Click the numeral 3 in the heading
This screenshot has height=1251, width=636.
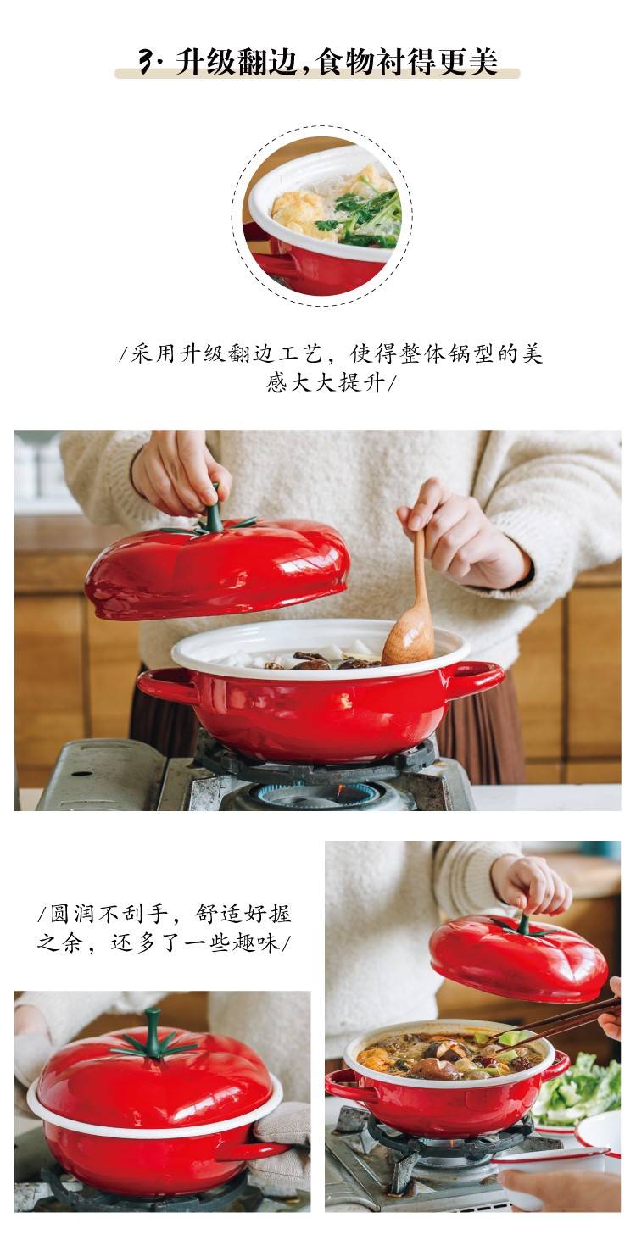pos(147,61)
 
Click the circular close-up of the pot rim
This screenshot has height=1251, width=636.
pos(322,216)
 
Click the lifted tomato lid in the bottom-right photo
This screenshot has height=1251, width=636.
pos(518,957)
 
